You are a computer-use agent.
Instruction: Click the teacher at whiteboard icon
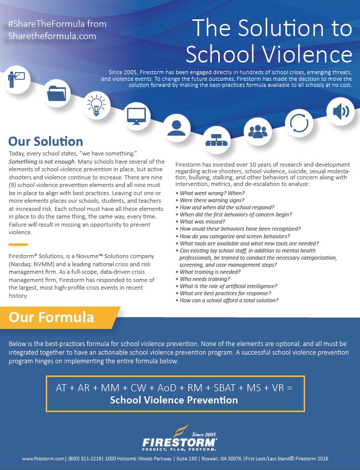(x=16, y=79)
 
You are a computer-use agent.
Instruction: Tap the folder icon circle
(x=57, y=93)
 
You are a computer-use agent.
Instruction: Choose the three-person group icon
(x=258, y=132)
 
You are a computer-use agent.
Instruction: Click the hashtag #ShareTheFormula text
(x=57, y=24)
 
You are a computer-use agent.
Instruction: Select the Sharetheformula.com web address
(x=52, y=36)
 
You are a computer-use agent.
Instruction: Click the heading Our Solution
(x=46, y=141)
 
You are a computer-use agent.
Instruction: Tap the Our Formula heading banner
(x=51, y=318)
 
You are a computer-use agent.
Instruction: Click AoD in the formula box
(x=157, y=387)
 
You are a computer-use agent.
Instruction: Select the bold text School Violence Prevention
(x=174, y=400)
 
